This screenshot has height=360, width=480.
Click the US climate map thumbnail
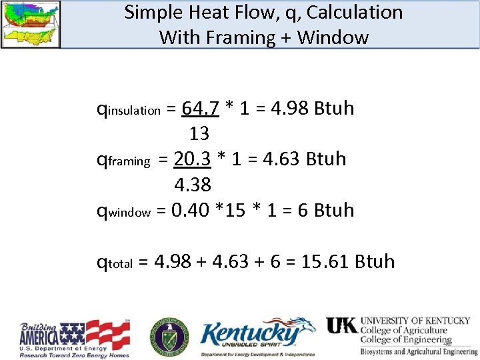tap(31, 24)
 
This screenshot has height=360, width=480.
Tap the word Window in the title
tap(333, 37)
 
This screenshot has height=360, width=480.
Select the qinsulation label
tap(129, 109)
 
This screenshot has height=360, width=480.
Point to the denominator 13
tap(199, 134)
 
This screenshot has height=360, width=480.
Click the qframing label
tap(123, 160)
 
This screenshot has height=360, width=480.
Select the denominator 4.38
tap(193, 185)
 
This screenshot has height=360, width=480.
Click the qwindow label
tap(124, 211)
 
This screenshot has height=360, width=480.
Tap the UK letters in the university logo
tap(341, 325)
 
